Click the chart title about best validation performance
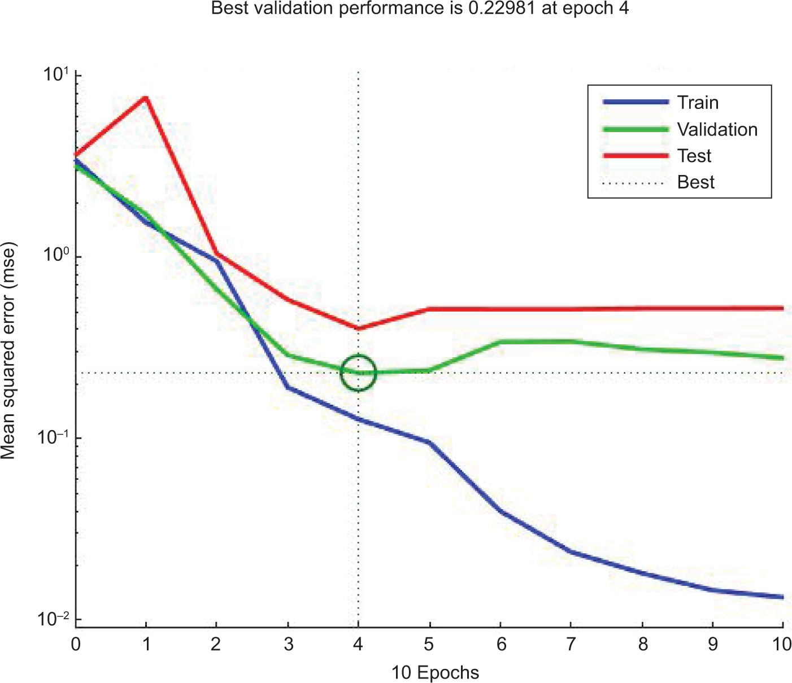tap(420, 8)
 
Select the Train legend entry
tap(660, 102)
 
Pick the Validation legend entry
tap(680, 129)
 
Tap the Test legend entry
tap(657, 155)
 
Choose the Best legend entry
tap(658, 182)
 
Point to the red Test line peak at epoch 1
tap(146, 97)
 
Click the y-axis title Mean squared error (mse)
tap(8, 351)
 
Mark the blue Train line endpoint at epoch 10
tap(782, 597)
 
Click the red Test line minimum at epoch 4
tap(358, 328)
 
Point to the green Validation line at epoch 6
tap(500, 342)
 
